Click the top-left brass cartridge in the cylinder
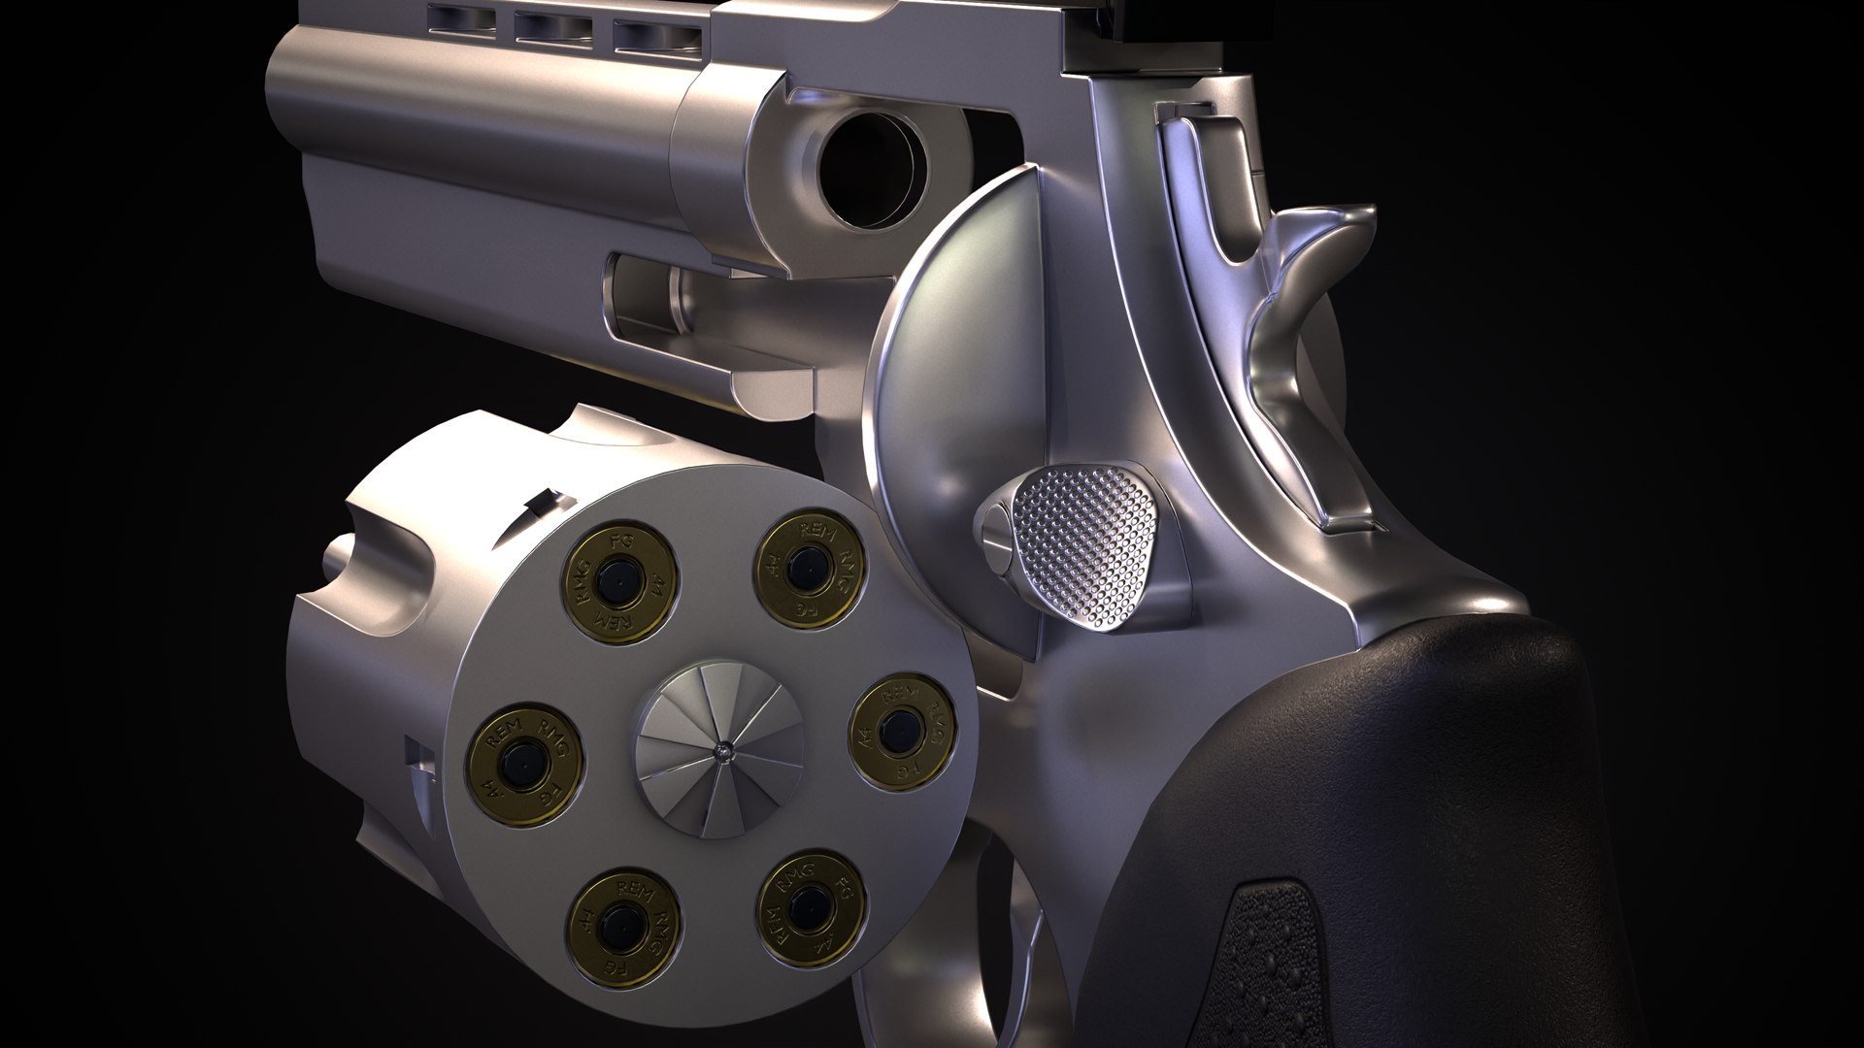[619, 588]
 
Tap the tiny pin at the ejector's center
[723, 749]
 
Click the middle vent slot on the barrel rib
[553, 26]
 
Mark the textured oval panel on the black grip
[1281, 961]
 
